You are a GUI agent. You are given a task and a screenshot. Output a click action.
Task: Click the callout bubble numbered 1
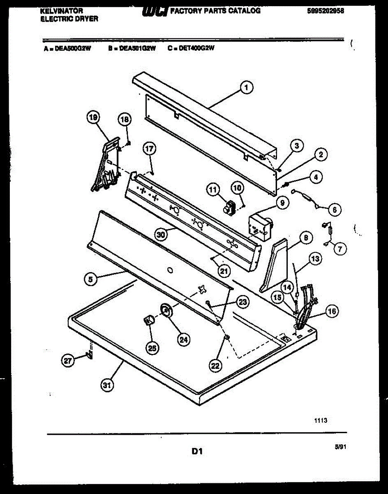(246, 87)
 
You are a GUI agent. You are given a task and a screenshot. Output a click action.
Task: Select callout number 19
(93, 118)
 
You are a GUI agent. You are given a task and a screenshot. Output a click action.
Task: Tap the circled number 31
(107, 386)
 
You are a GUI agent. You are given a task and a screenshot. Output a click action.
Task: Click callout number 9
(282, 203)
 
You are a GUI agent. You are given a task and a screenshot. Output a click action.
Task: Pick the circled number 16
(332, 312)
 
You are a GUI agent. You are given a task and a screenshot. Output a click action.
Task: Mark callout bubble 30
(162, 235)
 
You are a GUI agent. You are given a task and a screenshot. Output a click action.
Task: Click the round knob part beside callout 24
(166, 310)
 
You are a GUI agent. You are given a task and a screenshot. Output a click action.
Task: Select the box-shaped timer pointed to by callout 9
(260, 226)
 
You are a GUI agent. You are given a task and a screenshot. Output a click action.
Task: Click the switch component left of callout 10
(227, 206)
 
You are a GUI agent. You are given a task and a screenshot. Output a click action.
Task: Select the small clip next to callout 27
(89, 354)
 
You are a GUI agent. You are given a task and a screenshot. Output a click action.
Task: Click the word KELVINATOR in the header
(62, 11)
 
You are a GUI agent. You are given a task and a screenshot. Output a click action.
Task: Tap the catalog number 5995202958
(326, 11)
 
